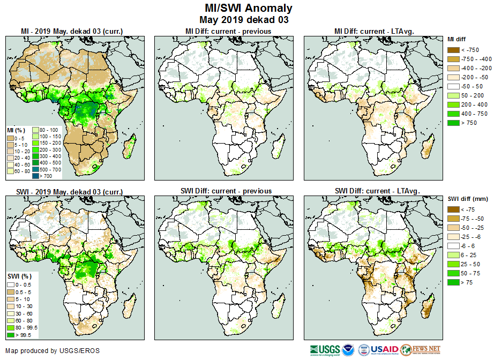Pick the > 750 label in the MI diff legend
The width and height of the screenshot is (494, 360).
[470, 123]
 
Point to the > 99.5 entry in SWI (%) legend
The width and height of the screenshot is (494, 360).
[25, 335]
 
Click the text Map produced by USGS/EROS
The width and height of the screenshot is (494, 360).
[53, 351]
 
